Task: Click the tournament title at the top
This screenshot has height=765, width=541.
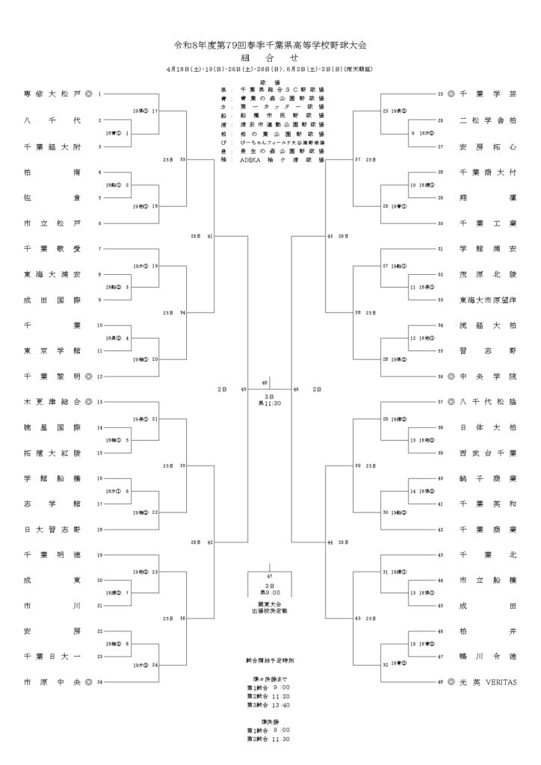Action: click(x=270, y=45)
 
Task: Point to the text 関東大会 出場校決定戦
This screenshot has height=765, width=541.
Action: click(x=270, y=608)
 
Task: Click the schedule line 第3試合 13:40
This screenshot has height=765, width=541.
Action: click(x=270, y=704)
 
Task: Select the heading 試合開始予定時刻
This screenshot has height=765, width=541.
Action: click(x=270, y=661)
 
